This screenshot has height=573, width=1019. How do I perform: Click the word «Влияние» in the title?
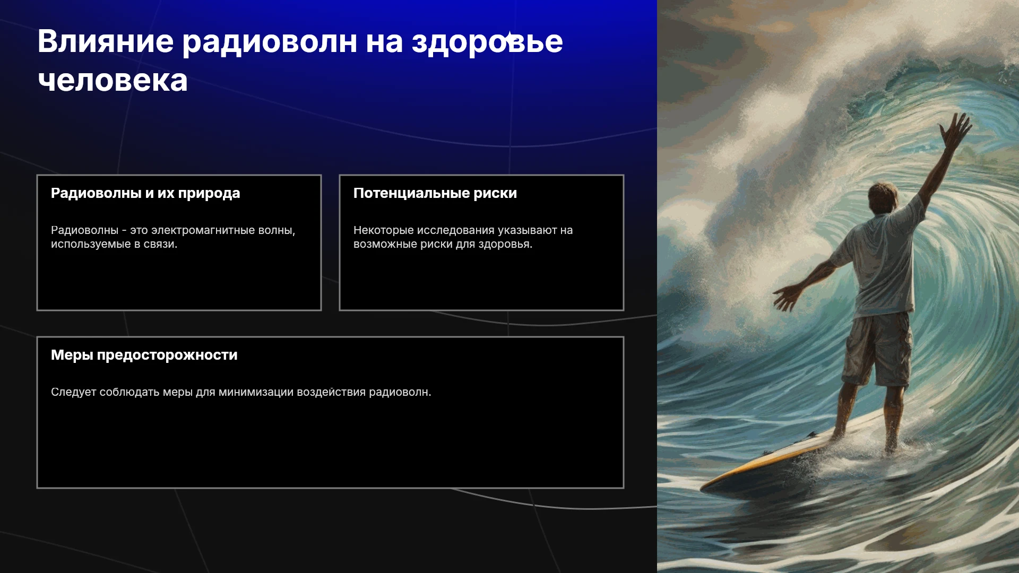click(x=106, y=41)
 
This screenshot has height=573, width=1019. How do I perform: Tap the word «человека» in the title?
click(x=113, y=81)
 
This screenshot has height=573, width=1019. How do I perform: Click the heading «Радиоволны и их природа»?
click(x=145, y=193)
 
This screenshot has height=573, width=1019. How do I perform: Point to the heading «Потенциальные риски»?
click(x=435, y=193)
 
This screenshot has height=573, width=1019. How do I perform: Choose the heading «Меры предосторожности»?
click(x=144, y=355)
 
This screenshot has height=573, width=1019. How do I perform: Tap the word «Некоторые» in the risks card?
click(x=383, y=230)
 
